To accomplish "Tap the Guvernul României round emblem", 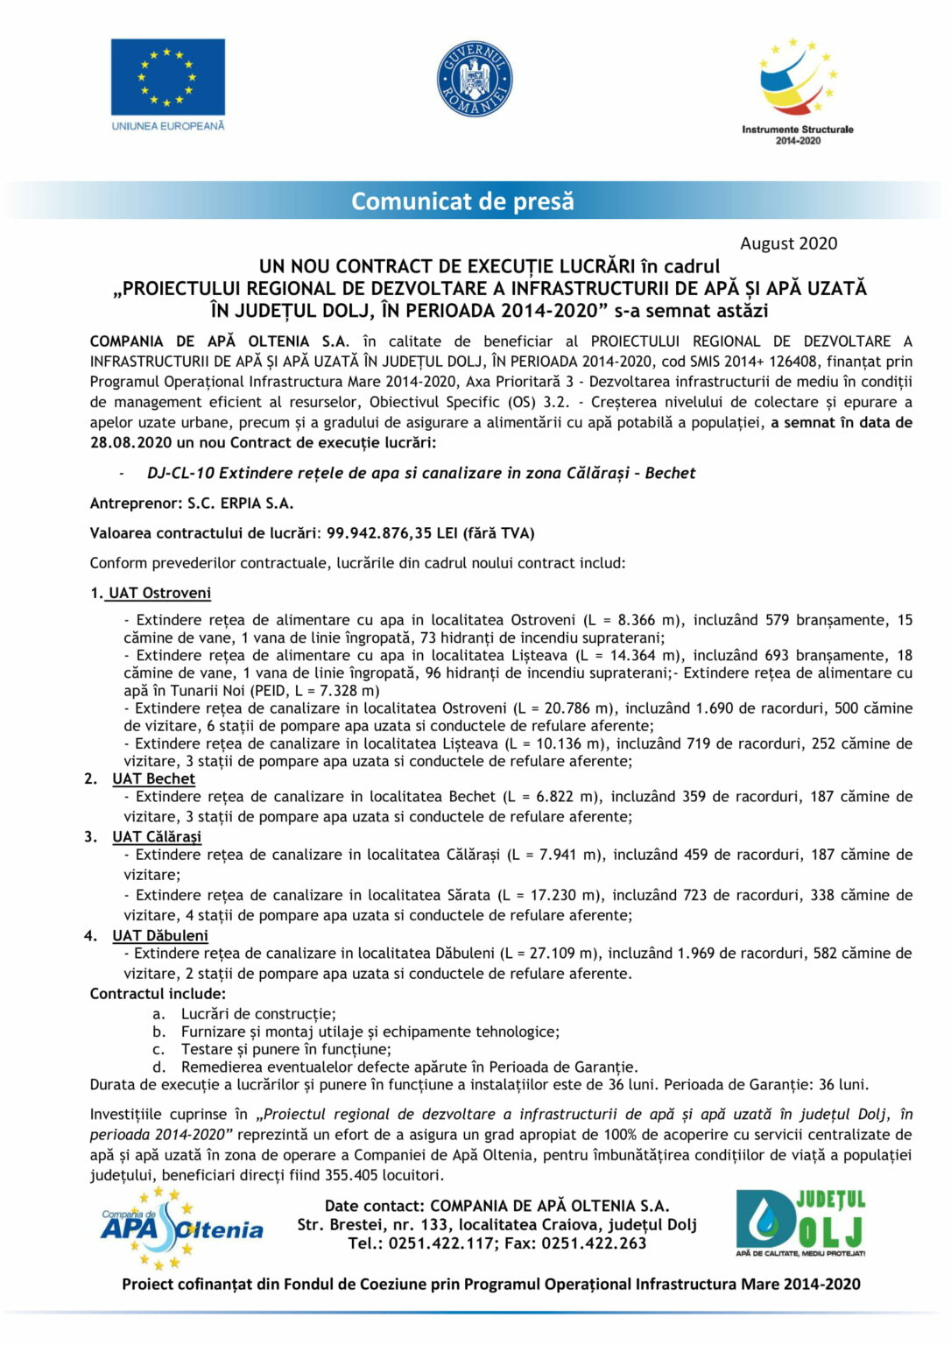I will pos(475,80).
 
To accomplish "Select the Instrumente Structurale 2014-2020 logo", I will pos(798,90).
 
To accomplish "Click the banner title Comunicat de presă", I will pos(462,201).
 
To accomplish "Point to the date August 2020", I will pos(788,243).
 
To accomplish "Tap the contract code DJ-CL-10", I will pos(180,473).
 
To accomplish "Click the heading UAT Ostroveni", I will pos(159,593).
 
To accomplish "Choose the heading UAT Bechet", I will pos(153,778).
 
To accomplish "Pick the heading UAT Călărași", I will pos(157,836).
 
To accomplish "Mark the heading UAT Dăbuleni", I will pos(160,935).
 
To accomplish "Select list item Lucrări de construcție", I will pos(258,1014).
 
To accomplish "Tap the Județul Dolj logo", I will pos(800,1222).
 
